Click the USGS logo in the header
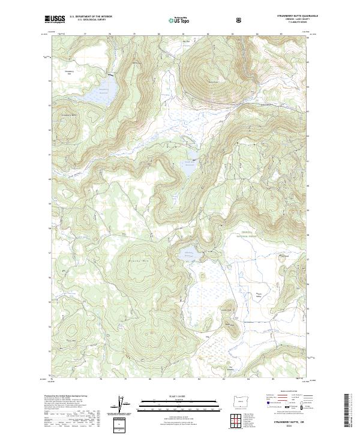click(x=55, y=20)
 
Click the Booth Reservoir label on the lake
click(x=190, y=163)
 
